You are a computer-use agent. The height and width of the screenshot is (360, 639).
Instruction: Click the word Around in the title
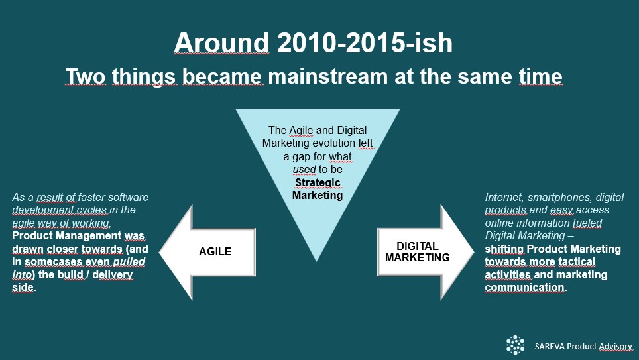(x=221, y=43)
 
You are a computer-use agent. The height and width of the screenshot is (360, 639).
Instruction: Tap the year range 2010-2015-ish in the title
(x=365, y=43)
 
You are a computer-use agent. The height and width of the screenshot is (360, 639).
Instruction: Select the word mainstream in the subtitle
(x=327, y=76)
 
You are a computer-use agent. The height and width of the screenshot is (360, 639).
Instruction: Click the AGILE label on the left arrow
(x=215, y=251)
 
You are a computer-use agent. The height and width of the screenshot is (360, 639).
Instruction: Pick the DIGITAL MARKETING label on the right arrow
(x=418, y=251)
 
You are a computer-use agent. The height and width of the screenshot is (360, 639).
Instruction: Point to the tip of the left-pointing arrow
(x=159, y=253)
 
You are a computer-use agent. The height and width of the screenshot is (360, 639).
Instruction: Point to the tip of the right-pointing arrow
(x=474, y=253)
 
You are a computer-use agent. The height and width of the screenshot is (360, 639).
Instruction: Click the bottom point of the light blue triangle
(x=317, y=261)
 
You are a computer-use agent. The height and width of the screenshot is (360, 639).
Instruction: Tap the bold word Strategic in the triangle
(x=318, y=182)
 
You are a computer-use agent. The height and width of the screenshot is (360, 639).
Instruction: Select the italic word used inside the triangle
(x=304, y=169)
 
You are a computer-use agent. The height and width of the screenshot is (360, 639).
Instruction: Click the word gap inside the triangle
(x=302, y=157)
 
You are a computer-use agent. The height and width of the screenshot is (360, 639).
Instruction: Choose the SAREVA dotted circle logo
(x=515, y=345)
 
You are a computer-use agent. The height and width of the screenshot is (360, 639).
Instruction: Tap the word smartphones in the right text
(x=559, y=198)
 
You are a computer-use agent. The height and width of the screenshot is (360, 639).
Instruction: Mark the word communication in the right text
(x=524, y=288)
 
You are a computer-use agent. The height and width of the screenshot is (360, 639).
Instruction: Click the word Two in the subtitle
(x=86, y=76)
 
